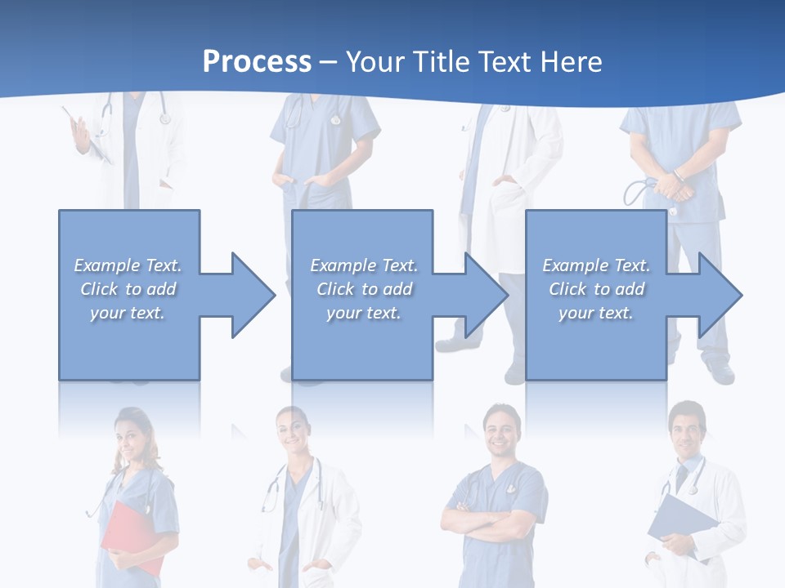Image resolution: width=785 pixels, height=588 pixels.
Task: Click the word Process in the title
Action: click(x=257, y=62)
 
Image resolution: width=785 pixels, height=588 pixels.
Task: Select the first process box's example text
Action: click(x=128, y=289)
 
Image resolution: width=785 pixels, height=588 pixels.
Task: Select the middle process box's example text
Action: click(x=364, y=289)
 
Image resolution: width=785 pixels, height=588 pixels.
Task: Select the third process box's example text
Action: click(x=596, y=289)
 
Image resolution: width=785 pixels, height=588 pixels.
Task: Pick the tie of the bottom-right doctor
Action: click(x=680, y=478)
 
